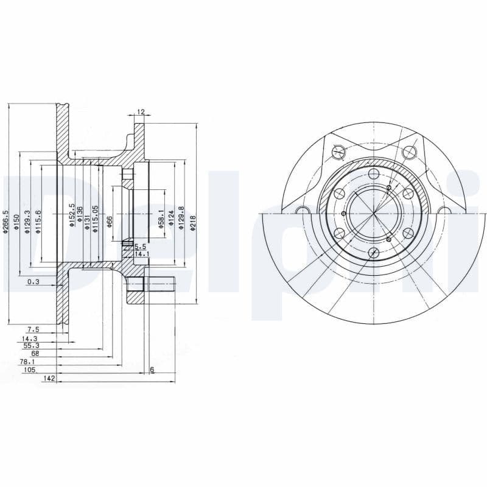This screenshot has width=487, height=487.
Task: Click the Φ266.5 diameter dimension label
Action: [5, 222]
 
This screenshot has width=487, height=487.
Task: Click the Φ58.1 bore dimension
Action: [161, 219]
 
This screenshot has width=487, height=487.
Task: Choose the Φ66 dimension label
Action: [110, 221]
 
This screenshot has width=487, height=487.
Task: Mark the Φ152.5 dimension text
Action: [71, 215]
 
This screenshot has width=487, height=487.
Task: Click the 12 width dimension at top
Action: [141, 112]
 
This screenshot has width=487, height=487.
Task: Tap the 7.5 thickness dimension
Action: [33, 329]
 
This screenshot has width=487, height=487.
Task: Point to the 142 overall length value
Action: [50, 378]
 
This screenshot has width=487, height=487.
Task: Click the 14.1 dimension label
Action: [141, 253]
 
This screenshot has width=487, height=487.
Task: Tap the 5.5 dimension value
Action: [140, 247]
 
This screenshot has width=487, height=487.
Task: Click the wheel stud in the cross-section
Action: [159, 284]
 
